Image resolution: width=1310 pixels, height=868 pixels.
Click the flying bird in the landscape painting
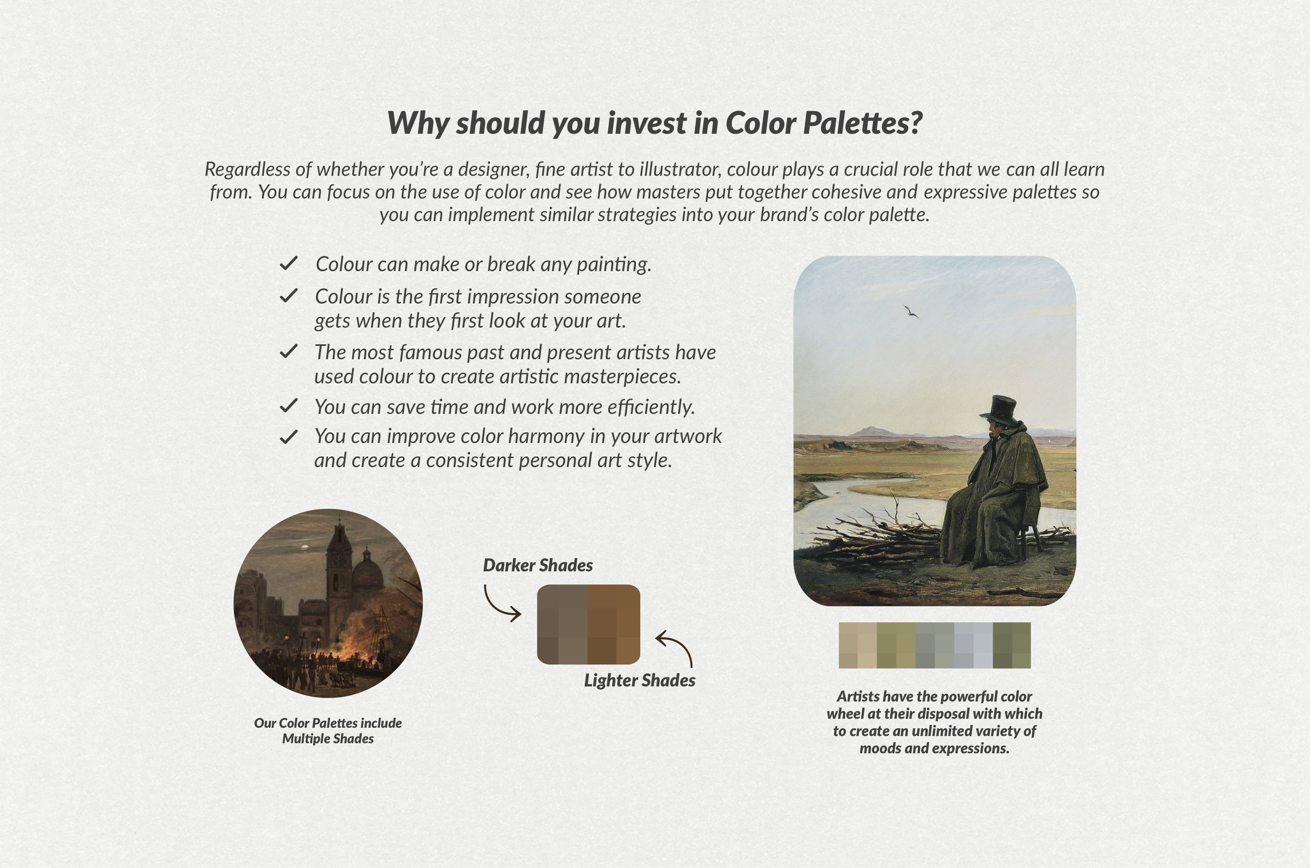tap(911, 312)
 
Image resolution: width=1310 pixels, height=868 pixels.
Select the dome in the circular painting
tap(368, 571)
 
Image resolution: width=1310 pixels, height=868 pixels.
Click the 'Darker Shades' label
tap(537, 565)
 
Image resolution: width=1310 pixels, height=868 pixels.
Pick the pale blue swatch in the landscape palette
tap(973, 645)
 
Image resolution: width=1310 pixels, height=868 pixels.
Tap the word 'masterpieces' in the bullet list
tap(622, 377)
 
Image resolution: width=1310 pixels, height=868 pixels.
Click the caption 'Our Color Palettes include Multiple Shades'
tap(328, 731)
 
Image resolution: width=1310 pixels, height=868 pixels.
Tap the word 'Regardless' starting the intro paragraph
tap(247, 169)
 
